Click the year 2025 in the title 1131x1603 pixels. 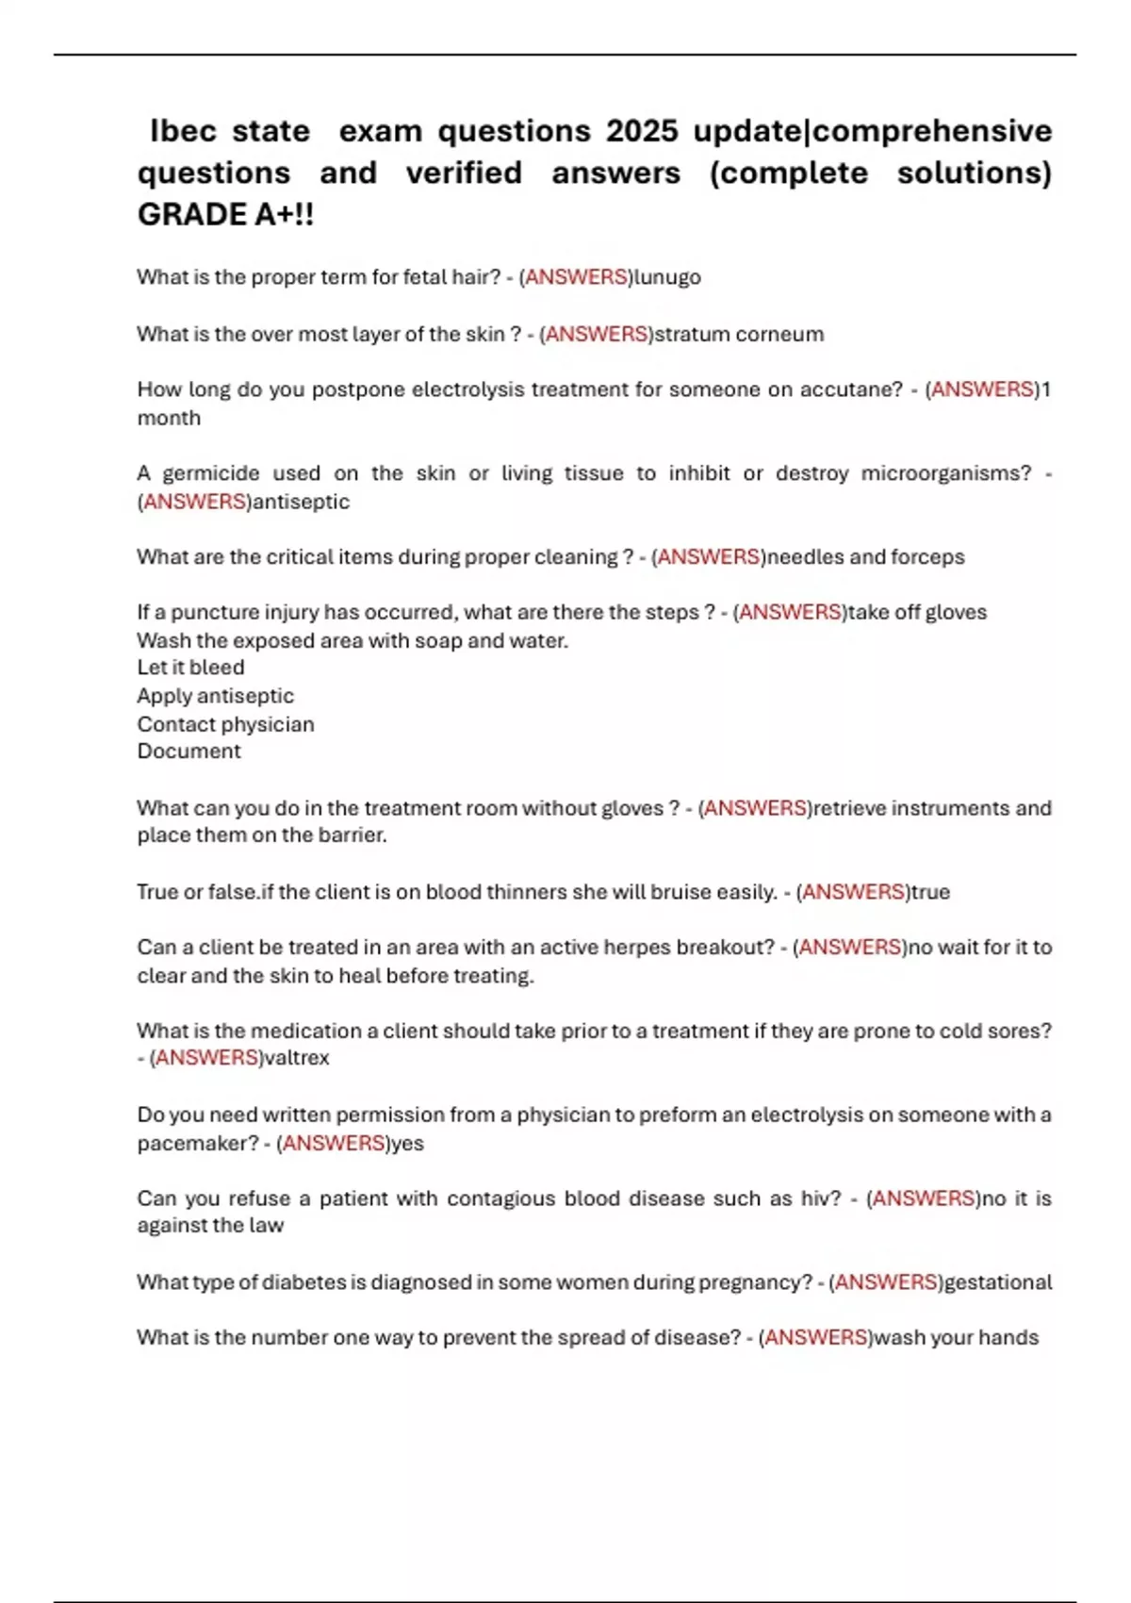642,130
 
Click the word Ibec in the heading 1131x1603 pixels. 183,130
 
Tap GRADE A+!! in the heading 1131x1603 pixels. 226,215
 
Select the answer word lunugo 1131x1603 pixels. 667,277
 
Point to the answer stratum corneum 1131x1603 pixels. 739,334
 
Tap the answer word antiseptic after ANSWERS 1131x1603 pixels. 301,502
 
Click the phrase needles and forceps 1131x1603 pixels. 865,557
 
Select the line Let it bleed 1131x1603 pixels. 190,668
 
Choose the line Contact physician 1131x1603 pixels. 225,724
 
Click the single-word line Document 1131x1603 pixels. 188,752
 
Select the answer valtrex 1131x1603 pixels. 297,1058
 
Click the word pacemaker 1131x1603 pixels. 191,1144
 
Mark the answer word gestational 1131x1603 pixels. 998,1282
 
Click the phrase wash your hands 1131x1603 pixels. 957,1338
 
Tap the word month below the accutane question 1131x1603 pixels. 169,418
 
